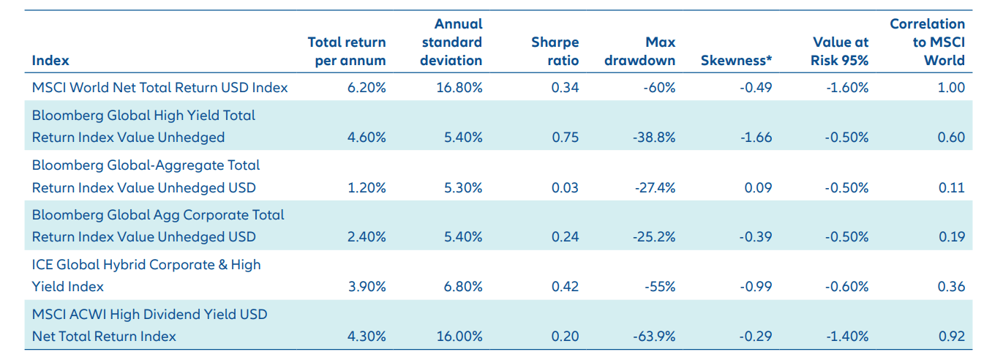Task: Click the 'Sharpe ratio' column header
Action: click(x=555, y=51)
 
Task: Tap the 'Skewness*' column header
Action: click(x=736, y=61)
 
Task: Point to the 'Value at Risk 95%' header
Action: click(x=839, y=51)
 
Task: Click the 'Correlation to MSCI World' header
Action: click(x=928, y=42)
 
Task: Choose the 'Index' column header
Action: click(x=50, y=61)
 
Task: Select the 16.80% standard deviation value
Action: click(x=460, y=88)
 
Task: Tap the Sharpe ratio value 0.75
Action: click(x=565, y=138)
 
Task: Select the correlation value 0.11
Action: click(x=952, y=187)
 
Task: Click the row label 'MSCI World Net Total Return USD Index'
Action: click(x=159, y=88)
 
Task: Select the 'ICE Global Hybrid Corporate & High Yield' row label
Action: click(x=146, y=275)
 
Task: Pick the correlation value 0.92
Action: click(x=951, y=337)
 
